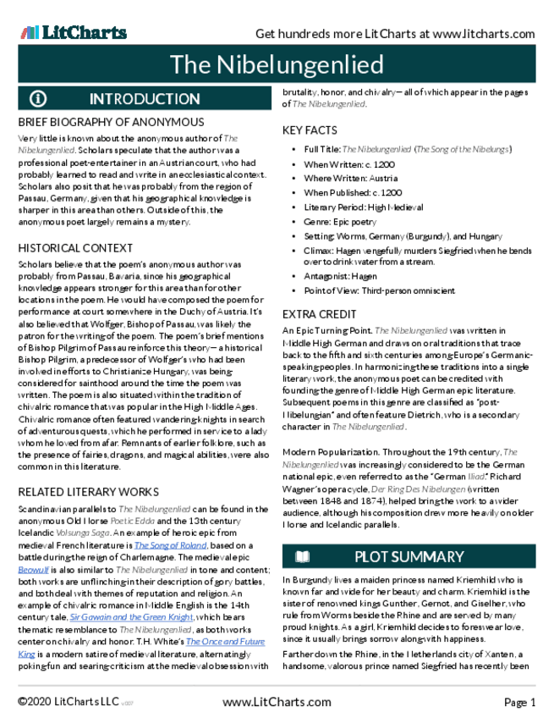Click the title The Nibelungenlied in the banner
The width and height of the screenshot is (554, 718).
pyautogui.click(x=276, y=65)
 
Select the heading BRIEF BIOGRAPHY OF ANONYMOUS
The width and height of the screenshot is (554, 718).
pyautogui.click(x=111, y=123)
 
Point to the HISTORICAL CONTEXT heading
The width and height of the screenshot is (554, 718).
pyautogui.click(x=75, y=248)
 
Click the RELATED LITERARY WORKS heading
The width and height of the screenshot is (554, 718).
pyautogui.click(x=88, y=491)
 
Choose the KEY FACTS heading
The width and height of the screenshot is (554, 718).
pyautogui.click(x=310, y=130)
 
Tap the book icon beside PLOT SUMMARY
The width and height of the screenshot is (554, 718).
pyautogui.click(x=302, y=556)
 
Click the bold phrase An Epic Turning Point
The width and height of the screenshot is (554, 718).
pyautogui.click(x=326, y=330)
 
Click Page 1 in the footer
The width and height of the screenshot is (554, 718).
pyautogui.click(x=520, y=702)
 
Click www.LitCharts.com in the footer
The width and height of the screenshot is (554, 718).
pyautogui.click(x=276, y=702)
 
